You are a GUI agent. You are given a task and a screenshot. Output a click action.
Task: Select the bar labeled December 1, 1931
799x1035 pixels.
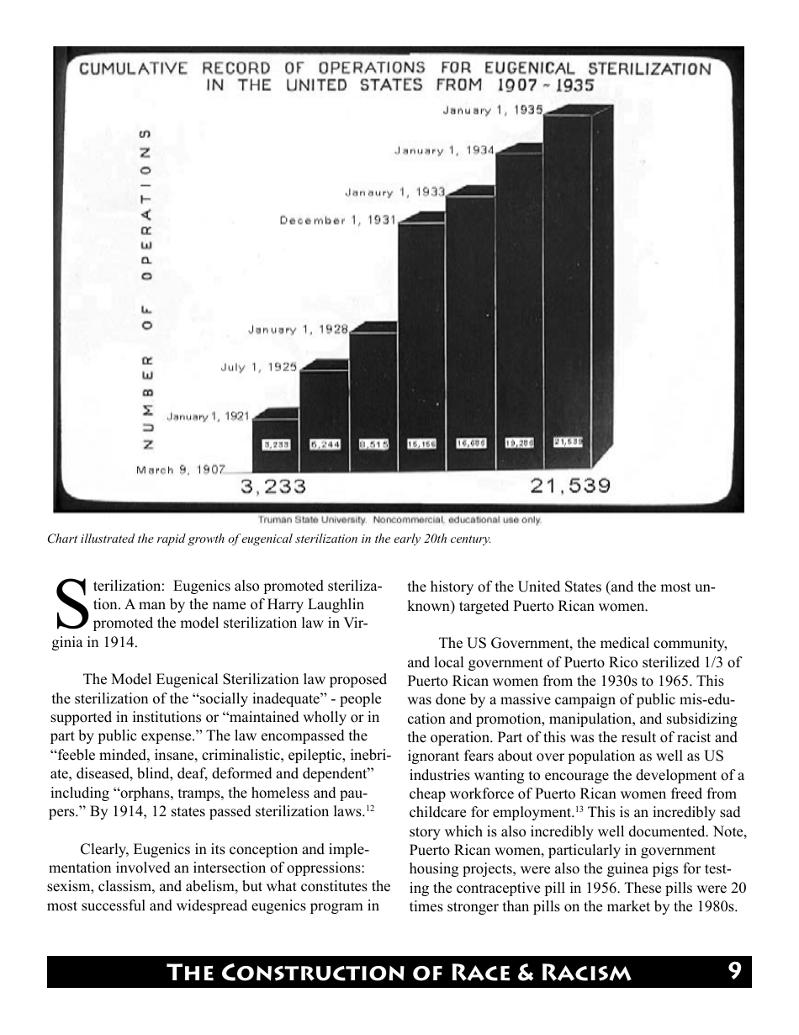(x=421, y=337)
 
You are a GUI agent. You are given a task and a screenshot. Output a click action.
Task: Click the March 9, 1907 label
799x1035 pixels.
(x=180, y=470)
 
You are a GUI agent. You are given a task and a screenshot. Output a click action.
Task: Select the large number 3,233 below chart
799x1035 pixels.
(x=273, y=487)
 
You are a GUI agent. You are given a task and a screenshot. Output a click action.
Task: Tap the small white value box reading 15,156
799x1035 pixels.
(x=421, y=443)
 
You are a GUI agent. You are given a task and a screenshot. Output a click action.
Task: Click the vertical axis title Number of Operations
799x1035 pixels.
(x=148, y=286)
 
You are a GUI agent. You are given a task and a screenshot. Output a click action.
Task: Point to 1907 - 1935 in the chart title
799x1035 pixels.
(x=545, y=85)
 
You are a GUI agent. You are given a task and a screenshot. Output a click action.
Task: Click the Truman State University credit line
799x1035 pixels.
(x=399, y=520)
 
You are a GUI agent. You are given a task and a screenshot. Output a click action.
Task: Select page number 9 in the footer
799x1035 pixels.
(x=734, y=972)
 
